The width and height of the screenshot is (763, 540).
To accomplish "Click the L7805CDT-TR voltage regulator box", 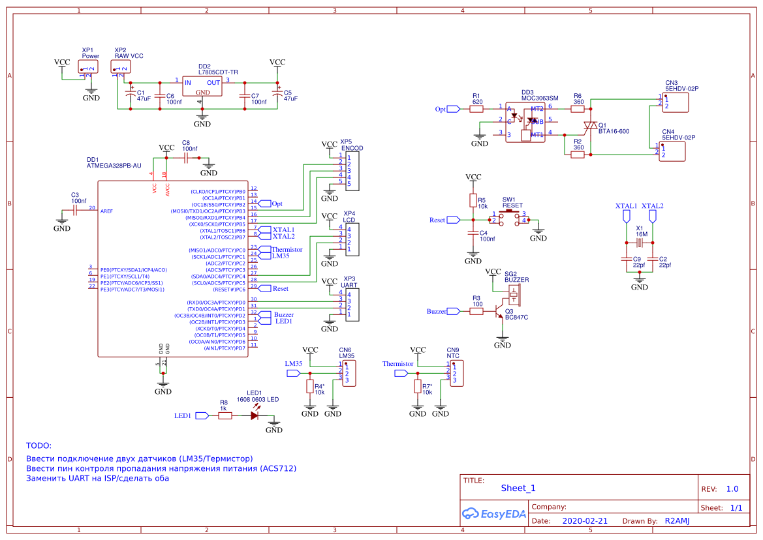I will [x=202, y=88].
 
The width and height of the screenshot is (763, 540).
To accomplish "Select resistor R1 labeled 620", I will [x=477, y=109].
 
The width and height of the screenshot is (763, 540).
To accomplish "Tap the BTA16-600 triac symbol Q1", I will [x=590, y=125].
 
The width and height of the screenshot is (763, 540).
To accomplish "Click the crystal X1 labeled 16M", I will [x=640, y=243].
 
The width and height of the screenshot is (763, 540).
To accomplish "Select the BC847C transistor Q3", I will [x=500, y=308].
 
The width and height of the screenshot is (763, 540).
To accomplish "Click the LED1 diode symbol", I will [x=255, y=415].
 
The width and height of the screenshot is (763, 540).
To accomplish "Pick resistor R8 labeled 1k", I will [x=225, y=415].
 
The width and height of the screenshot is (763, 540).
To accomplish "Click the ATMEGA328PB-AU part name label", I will [x=114, y=166].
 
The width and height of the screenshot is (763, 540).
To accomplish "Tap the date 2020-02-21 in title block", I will [x=585, y=521].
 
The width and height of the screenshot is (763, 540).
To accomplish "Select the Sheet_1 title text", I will [x=518, y=488].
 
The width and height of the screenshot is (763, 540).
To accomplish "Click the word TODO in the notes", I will [x=39, y=445].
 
